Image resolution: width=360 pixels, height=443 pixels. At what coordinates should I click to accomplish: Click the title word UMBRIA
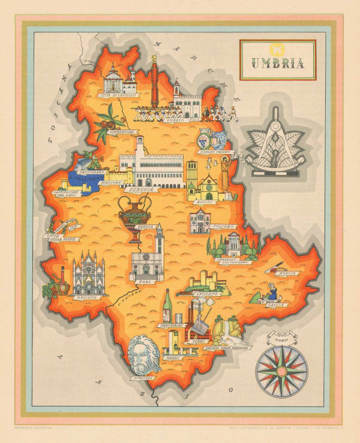click(x=278, y=62)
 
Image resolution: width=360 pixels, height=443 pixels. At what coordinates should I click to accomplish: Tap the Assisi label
click(x=207, y=203)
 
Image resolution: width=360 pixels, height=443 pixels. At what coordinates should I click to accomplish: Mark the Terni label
click(x=194, y=340)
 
